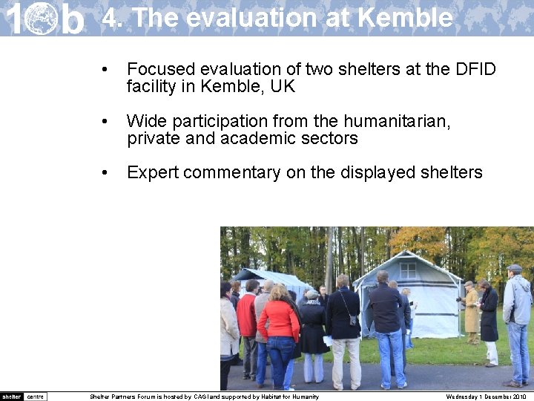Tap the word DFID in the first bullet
[475, 69]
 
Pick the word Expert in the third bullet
[153, 173]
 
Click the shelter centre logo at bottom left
[24, 397]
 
